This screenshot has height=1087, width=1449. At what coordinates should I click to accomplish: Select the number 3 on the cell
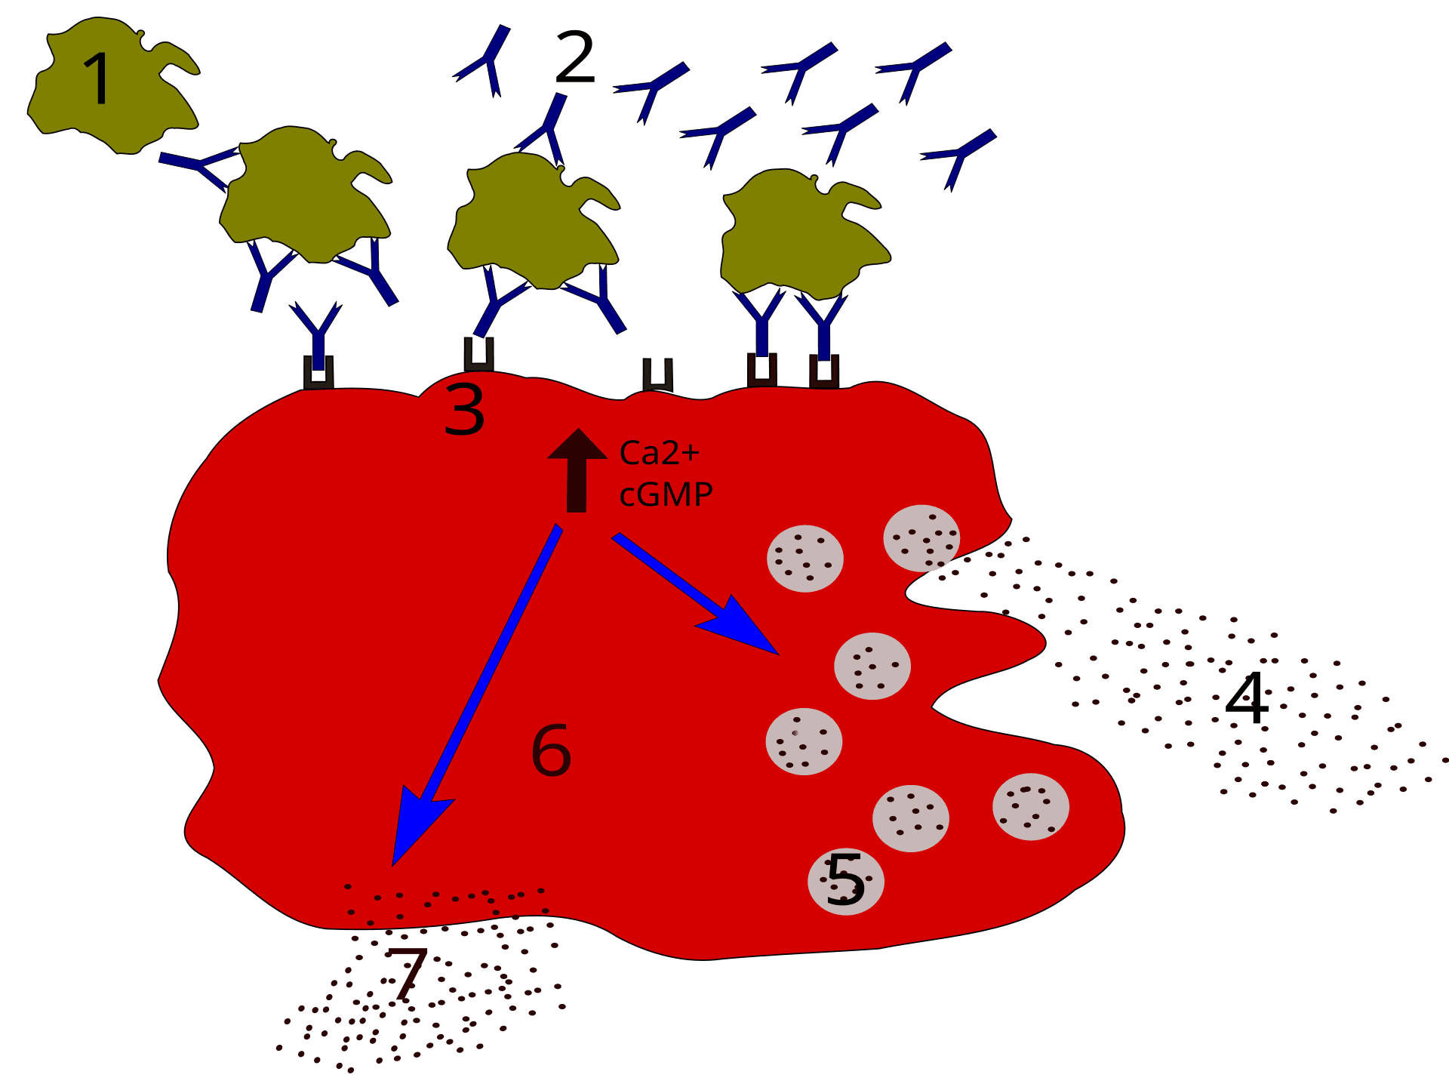pyautogui.click(x=464, y=409)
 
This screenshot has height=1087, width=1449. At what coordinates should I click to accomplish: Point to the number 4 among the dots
pyautogui.click(x=1247, y=698)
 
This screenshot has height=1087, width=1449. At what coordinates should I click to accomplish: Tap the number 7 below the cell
pyautogui.click(x=408, y=974)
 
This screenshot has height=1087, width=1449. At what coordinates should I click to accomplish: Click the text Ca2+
pyautogui.click(x=659, y=453)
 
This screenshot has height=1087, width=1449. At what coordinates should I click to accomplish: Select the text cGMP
pyautogui.click(x=666, y=494)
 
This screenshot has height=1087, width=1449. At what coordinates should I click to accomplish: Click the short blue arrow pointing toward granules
pyautogui.click(x=694, y=593)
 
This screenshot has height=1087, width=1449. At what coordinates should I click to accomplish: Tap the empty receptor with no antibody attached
pyautogui.click(x=657, y=375)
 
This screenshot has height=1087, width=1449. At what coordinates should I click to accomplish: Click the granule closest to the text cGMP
pyautogui.click(x=804, y=559)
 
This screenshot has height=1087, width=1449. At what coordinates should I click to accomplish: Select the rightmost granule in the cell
pyautogui.click(x=1030, y=806)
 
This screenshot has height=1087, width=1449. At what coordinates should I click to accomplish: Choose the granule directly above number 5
pyautogui.click(x=910, y=818)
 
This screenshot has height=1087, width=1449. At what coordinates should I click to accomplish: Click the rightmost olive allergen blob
pyautogui.click(x=800, y=234)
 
